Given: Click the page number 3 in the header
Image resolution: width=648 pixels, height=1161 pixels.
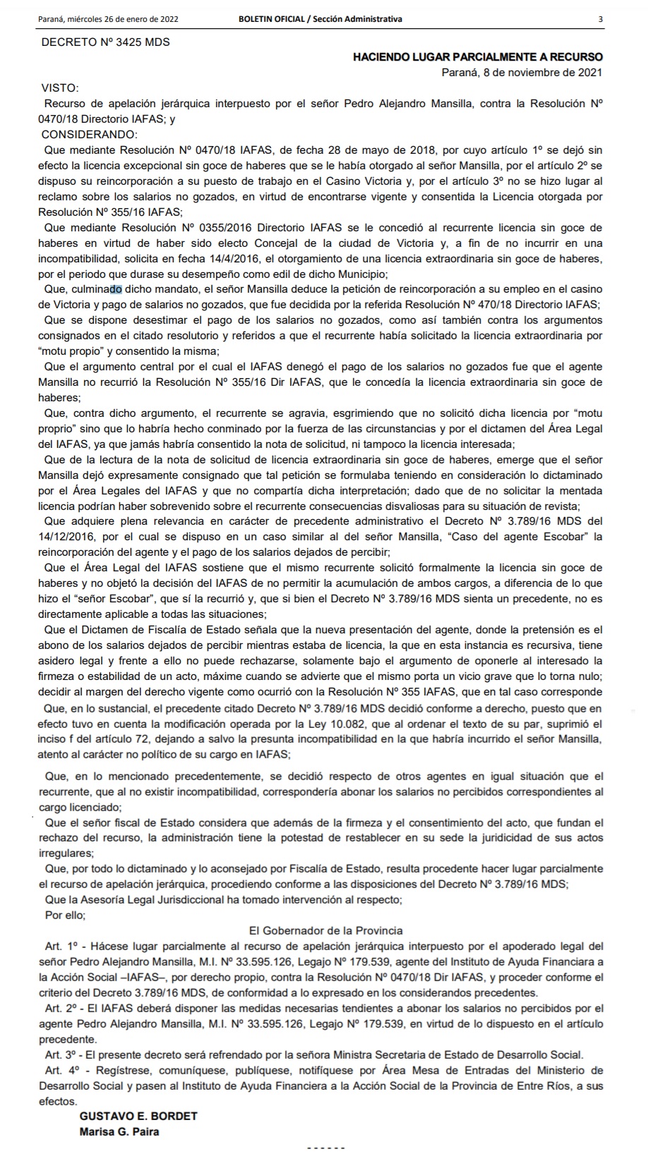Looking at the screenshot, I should coord(600,19).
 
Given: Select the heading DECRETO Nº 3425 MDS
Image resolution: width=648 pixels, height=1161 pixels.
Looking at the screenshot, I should coord(106,42).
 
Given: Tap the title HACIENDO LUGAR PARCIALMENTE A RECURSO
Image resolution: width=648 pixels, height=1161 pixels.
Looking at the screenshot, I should coord(478,57).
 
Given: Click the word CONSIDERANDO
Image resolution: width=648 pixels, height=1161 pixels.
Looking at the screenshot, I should coord(90,134).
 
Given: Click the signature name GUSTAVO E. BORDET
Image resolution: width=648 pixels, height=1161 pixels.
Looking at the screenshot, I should coord(138,1117).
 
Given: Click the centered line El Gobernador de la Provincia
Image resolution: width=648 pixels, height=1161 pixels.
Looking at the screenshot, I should coord(326,930).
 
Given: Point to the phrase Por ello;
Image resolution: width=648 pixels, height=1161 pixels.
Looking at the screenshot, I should coord(65,915).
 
